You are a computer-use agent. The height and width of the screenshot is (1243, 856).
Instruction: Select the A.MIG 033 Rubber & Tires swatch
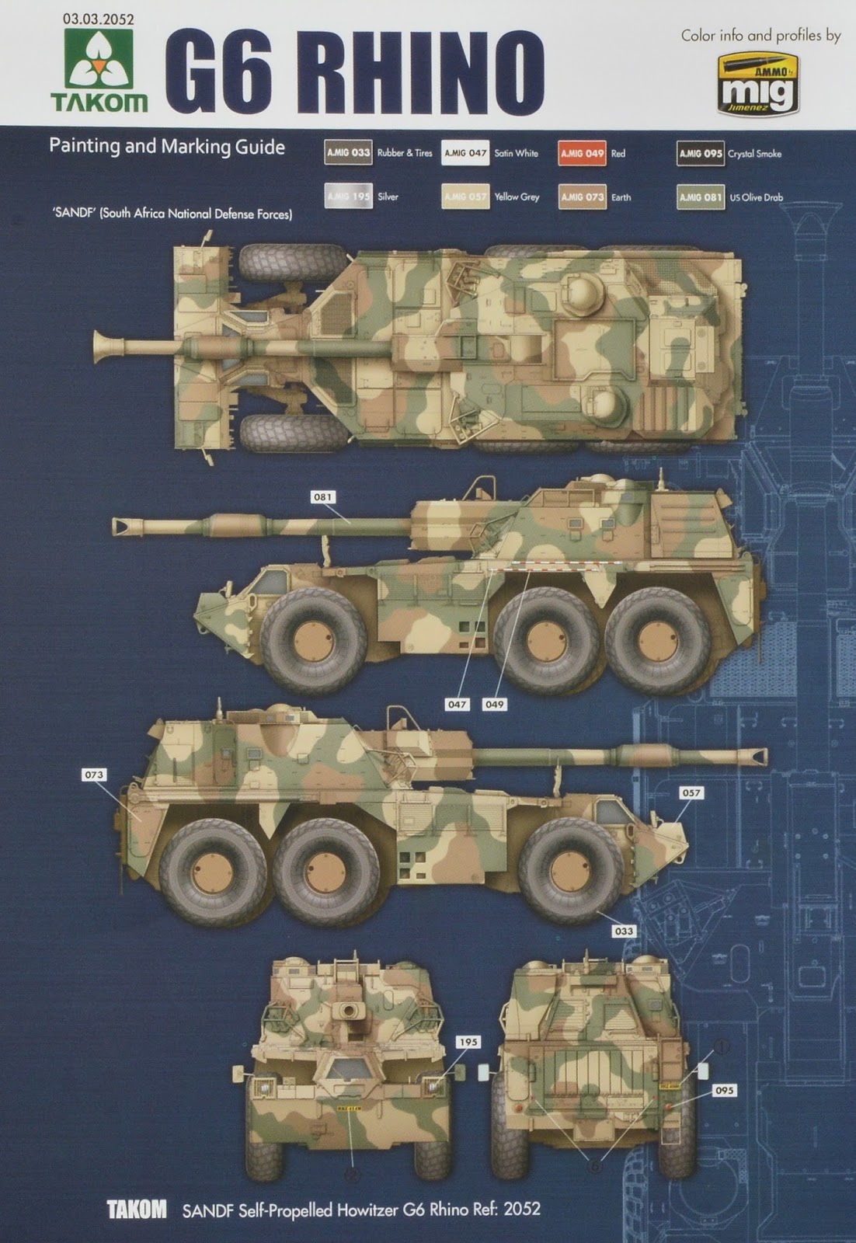(348, 153)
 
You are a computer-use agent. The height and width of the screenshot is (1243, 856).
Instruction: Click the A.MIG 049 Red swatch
(583, 153)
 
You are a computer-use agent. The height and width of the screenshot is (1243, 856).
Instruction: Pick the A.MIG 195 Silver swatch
(348, 197)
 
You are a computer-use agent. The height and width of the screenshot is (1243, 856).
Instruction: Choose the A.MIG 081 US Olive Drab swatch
(701, 197)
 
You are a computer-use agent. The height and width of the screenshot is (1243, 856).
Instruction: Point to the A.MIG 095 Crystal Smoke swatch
(701, 153)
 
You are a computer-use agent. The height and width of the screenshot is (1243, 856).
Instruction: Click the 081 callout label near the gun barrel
(322, 497)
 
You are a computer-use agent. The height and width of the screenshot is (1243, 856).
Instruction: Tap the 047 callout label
(457, 704)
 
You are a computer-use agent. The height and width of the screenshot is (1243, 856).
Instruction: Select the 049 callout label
(494, 704)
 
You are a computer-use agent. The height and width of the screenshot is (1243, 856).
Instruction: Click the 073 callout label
(94, 775)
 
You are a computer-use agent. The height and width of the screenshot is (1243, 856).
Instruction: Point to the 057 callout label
(691, 793)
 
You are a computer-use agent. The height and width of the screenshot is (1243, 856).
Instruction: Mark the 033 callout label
(623, 931)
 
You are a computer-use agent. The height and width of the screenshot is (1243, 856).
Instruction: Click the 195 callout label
(469, 1042)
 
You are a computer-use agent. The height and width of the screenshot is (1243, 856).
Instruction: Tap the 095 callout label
(724, 1091)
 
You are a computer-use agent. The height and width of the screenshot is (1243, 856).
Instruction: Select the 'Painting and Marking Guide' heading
(167, 147)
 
